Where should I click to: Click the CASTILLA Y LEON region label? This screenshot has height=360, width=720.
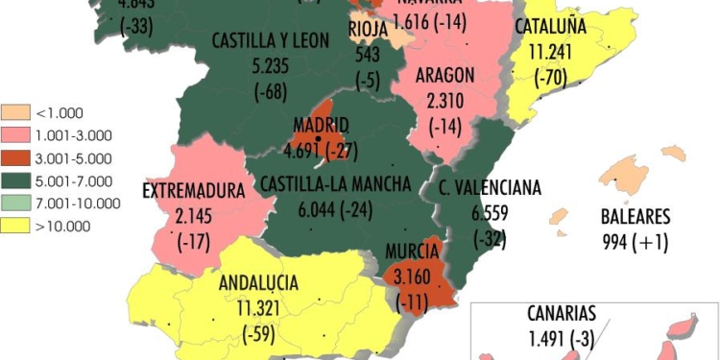point(270,41)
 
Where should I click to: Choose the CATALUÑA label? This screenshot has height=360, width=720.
point(551,27)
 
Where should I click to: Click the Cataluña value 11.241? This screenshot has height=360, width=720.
point(551,53)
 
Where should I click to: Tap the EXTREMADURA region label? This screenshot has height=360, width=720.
point(194,191)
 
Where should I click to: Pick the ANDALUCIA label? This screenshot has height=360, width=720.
point(258,283)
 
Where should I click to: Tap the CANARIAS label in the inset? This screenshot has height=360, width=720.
point(562,313)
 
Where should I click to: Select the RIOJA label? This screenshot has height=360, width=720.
point(367,29)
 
